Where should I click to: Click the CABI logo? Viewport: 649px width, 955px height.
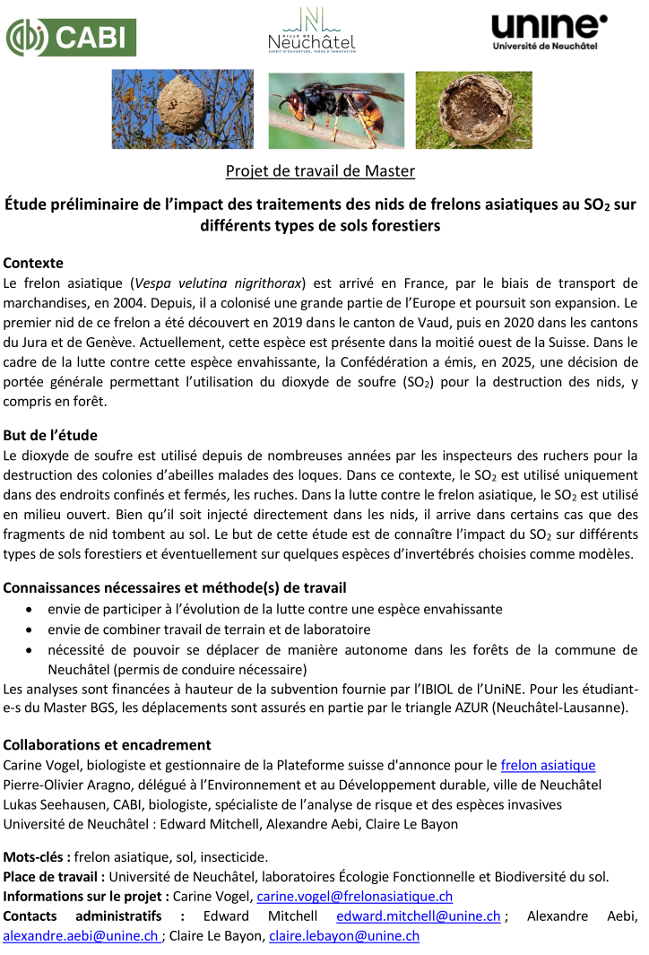pos(71,37)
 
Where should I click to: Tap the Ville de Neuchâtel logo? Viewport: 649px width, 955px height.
pos(311,30)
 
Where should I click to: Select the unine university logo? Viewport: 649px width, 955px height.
pos(548,31)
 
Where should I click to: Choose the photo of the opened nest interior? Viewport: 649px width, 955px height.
pos(473,109)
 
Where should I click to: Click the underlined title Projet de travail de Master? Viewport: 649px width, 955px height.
pos(320,170)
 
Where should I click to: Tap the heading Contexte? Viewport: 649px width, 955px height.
pos(33,264)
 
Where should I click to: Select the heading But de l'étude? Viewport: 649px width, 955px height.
pos(50,436)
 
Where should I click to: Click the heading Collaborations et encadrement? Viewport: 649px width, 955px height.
pos(107,745)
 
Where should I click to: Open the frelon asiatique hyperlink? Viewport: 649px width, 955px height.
pos(548,765)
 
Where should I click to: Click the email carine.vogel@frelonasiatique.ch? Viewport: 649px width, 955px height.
pos(354,896)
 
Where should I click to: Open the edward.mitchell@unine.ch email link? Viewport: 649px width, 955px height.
pos(418,916)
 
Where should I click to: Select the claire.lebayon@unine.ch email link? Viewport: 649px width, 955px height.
pos(344,935)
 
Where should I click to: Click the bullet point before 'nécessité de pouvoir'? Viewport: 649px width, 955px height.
pos(30,650)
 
